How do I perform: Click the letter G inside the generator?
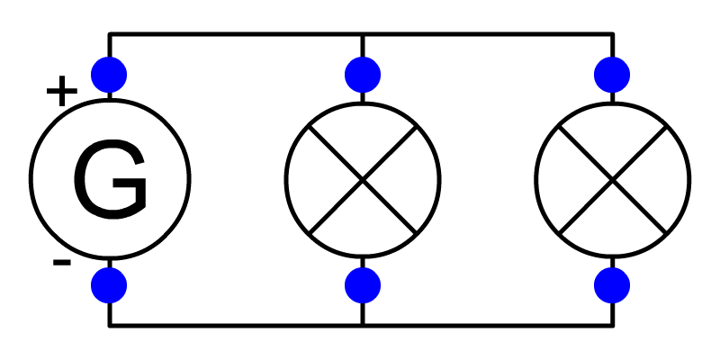[x=110, y=179]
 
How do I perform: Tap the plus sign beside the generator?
[x=62, y=91]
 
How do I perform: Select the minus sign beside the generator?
[x=62, y=263]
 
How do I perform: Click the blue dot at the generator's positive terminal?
[x=109, y=75]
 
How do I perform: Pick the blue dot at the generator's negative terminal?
[x=109, y=285]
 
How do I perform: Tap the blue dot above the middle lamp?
[x=363, y=75]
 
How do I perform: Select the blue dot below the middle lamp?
[x=363, y=285]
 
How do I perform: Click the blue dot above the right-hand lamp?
[x=612, y=75]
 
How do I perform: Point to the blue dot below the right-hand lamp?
[x=612, y=285]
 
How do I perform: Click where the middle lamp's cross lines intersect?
[x=363, y=180]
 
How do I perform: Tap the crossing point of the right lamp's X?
[x=613, y=180]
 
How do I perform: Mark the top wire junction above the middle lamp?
[x=363, y=34]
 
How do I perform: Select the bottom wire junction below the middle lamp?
[x=363, y=326]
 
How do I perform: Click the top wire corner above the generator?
[x=109, y=34]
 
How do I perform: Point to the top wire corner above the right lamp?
[x=612, y=34]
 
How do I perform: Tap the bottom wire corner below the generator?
[x=109, y=326]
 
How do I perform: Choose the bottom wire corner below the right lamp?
[x=612, y=326]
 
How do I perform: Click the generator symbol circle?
[x=31, y=179]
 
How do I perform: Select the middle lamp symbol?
[x=363, y=180]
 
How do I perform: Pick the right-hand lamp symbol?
[x=613, y=180]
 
